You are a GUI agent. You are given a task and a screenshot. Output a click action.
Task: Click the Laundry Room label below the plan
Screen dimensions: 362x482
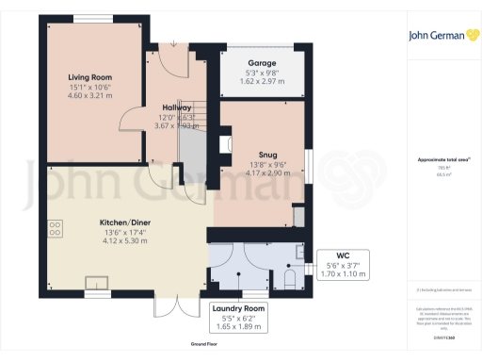click(239, 308)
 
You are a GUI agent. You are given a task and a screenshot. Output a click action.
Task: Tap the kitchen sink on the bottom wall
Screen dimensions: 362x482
click(97, 281)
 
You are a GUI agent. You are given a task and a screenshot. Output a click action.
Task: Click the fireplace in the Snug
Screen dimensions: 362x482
click(223, 145)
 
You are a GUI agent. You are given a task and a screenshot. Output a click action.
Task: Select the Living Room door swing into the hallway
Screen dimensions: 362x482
click(135, 118)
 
